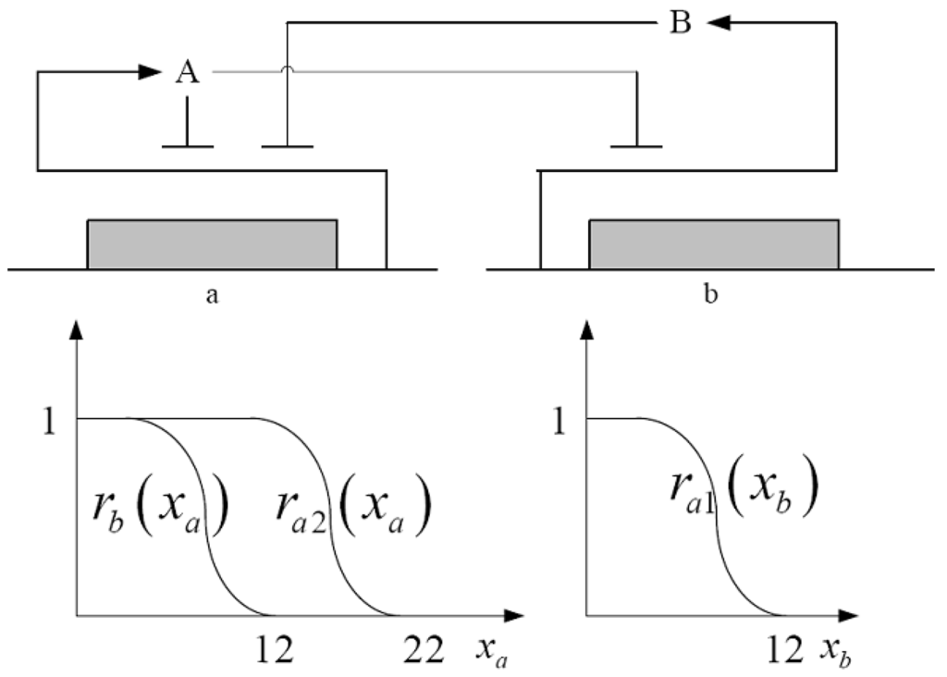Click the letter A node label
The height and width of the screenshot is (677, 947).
tap(188, 73)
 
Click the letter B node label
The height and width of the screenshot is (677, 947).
tap(680, 24)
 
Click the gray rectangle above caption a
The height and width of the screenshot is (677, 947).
tap(212, 244)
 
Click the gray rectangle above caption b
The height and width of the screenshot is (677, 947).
tap(714, 244)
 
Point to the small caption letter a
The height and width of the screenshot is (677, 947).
tap(212, 298)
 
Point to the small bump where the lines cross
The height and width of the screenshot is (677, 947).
tap(288, 70)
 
